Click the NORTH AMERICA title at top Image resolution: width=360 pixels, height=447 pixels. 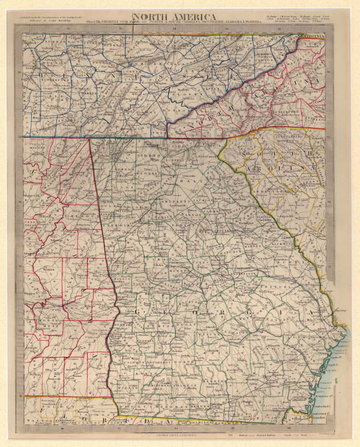[175, 17]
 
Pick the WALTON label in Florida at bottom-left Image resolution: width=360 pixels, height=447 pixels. [36, 415]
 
